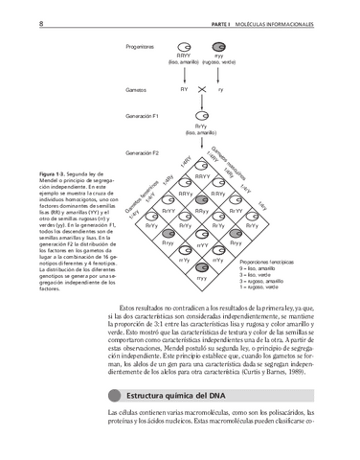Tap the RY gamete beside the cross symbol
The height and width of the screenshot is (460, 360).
click(184, 89)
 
